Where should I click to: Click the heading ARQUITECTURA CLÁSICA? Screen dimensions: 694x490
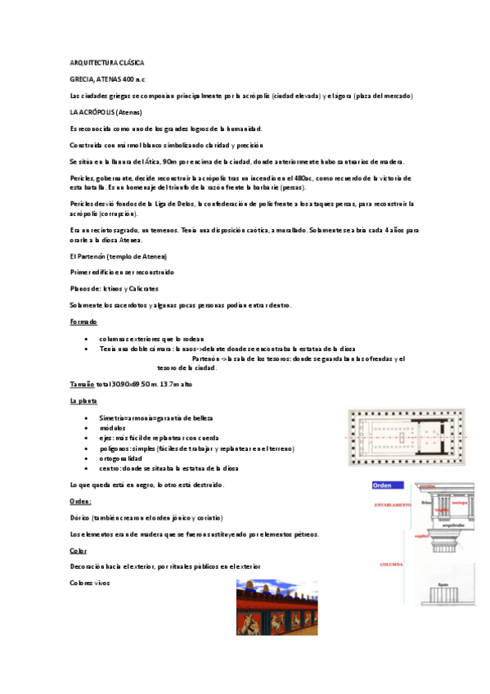pos(107,62)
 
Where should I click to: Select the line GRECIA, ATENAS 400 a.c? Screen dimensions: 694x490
pos(106,79)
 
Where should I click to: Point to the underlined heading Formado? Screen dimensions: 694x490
pos(83,322)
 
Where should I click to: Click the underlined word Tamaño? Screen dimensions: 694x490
pos(83,384)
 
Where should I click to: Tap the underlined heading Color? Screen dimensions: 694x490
pos(79,551)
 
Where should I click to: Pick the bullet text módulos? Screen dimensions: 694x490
pos(112,428)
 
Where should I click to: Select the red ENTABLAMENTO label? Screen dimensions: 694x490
pos(393,505)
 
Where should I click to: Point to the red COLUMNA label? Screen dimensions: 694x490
pos(393,565)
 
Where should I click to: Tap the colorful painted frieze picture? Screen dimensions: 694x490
pos(276,607)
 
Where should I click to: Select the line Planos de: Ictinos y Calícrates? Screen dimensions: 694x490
pos(115,289)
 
